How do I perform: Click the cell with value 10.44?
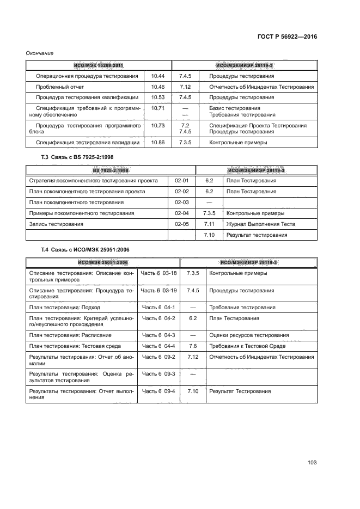tap(158, 77)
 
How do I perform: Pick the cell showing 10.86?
tap(158, 143)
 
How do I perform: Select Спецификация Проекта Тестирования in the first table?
tap(258, 125)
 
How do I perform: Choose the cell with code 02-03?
tap(181, 202)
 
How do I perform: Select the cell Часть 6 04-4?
tap(158, 346)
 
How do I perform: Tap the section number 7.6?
tap(192, 346)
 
